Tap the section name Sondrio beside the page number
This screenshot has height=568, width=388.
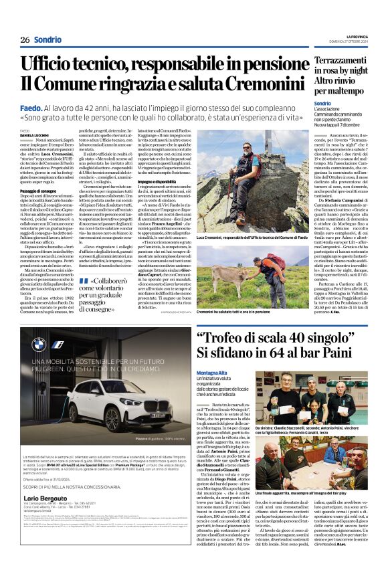47,40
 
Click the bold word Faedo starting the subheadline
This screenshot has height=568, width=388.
31,106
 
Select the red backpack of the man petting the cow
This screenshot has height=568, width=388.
260,263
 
